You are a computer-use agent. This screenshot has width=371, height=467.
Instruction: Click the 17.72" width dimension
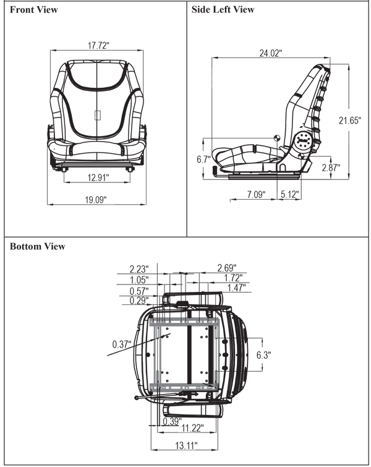(98, 46)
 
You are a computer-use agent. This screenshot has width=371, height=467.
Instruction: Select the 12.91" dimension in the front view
(98, 178)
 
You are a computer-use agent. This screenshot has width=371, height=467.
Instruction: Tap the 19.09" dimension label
(96, 200)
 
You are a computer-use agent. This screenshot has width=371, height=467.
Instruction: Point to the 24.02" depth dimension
(271, 53)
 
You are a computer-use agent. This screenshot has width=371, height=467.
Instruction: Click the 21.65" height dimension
(350, 121)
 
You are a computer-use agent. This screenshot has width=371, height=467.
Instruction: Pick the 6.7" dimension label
(203, 160)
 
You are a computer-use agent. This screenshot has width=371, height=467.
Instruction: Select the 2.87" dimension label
(331, 168)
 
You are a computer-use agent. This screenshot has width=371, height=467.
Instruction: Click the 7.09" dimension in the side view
(257, 194)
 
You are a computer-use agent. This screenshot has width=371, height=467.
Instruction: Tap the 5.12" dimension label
(290, 194)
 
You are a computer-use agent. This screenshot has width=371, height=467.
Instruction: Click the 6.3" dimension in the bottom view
(264, 355)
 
